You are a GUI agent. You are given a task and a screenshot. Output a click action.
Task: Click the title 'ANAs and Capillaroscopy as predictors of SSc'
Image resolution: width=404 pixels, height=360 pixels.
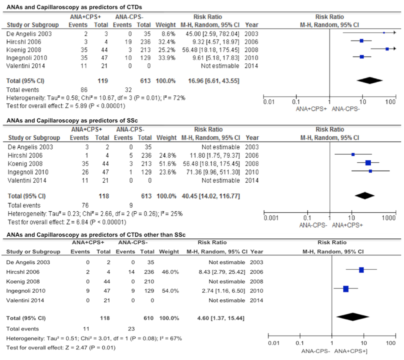click(72, 121)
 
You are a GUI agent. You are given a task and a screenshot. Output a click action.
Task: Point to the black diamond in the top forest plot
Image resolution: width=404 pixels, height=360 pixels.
click(369, 81)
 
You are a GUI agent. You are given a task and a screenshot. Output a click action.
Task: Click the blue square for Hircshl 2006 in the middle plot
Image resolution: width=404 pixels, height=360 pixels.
click(353, 154)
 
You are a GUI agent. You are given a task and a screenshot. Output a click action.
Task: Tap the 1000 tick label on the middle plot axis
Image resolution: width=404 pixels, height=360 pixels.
click(389, 218)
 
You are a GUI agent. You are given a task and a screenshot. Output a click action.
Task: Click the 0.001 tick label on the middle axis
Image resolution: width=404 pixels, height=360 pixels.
click(271, 218)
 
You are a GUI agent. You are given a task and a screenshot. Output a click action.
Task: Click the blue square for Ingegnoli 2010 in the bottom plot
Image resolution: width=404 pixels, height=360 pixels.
click(346, 289)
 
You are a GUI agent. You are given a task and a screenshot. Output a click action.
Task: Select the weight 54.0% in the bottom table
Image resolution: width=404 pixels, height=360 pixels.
click(170, 291)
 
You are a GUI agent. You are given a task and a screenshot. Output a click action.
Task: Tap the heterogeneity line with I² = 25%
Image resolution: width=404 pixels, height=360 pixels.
click(95, 214)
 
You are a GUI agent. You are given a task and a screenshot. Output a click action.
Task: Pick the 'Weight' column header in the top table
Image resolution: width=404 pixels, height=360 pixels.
click(165, 25)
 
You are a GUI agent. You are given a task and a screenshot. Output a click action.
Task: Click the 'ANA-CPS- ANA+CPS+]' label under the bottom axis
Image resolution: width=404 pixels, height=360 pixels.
click(334, 351)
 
